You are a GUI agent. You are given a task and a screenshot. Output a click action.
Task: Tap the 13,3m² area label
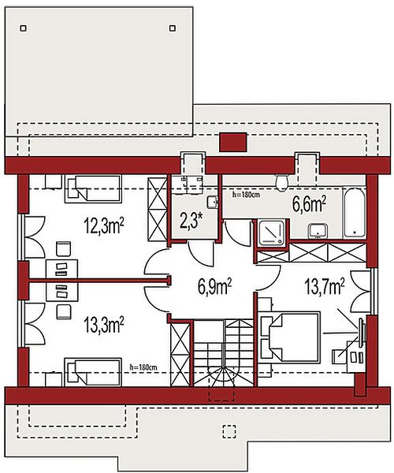104,325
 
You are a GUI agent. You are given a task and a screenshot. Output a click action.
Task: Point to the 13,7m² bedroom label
325,286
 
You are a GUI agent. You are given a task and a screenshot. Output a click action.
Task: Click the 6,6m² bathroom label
309,204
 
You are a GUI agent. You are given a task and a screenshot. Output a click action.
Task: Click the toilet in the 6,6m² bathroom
282,183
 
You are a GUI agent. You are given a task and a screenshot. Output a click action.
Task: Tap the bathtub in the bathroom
355,213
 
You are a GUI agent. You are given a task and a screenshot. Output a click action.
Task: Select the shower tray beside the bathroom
272,233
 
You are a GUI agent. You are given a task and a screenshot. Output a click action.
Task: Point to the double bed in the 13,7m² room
290,337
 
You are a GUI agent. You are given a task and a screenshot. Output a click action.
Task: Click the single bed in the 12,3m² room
93,188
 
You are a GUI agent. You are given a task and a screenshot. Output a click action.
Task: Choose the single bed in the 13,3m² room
93,372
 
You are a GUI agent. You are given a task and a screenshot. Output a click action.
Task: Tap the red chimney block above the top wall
233,142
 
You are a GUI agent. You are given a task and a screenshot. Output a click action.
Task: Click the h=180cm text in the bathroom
246,195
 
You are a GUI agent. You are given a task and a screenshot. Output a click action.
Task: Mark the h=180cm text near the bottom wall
143,367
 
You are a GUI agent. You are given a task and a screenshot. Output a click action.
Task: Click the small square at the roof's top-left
23,28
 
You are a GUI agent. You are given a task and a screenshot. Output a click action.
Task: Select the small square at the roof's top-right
173,28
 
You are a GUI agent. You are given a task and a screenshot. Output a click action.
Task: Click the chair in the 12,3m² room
63,249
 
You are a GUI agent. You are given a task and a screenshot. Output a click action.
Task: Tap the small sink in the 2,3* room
212,202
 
